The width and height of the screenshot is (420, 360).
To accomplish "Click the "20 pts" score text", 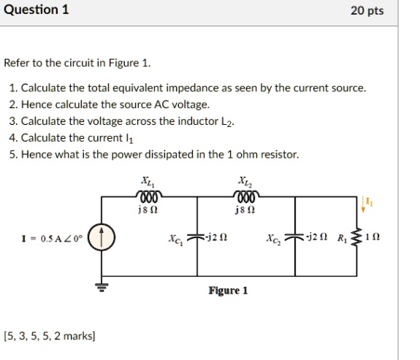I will click(x=367, y=11).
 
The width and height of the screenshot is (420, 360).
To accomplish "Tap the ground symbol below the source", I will click(x=102, y=286).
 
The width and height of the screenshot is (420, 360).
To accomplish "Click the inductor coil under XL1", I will click(x=148, y=196).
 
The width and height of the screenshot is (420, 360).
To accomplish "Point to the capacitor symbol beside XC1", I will click(x=196, y=239).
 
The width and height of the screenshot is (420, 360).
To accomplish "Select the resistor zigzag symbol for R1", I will click(x=358, y=238).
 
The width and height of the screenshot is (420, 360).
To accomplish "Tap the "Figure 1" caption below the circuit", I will click(x=228, y=291).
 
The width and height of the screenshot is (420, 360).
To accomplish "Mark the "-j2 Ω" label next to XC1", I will click(x=215, y=238).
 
